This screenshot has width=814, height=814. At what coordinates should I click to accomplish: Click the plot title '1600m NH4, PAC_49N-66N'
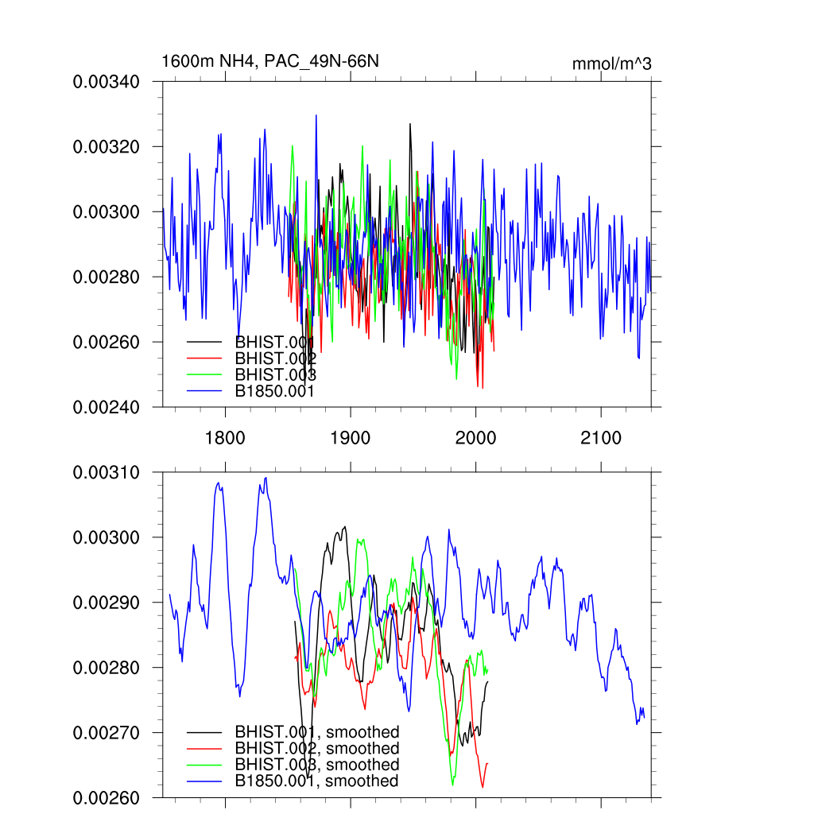tap(264, 61)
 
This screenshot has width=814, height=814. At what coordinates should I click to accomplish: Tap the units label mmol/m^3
tap(611, 64)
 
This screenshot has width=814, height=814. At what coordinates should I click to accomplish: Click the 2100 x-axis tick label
tap(601, 438)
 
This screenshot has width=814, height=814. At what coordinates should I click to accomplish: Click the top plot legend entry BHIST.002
tap(275, 359)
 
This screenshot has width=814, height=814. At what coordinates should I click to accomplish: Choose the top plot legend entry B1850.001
tap(275, 391)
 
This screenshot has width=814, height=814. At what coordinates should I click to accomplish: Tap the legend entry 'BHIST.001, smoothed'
tap(316, 731)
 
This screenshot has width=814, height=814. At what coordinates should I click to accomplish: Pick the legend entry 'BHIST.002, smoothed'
tap(316, 748)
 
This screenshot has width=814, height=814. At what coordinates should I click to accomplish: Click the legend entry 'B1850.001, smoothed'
tap(316, 781)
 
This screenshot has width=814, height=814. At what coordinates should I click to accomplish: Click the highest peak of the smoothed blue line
tap(266, 478)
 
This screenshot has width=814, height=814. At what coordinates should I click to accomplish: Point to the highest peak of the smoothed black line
tap(345, 526)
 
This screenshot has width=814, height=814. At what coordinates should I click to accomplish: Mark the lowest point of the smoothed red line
tap(483, 787)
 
